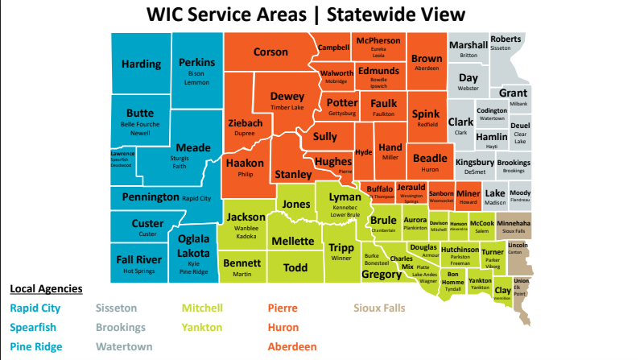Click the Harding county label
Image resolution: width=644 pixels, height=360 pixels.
[x=141, y=64]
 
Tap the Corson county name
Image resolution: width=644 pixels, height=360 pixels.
[x=270, y=52]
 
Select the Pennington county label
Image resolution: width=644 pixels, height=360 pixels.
[x=151, y=197]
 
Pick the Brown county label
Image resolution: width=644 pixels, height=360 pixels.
[x=427, y=59]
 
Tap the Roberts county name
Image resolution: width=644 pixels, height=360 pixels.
[x=506, y=39]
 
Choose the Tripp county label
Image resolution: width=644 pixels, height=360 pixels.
[x=342, y=248]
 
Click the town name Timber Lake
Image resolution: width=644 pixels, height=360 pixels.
[x=287, y=107]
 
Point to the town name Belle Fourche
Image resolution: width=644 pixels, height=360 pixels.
[x=139, y=125]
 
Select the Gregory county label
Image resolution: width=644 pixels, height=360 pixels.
[x=382, y=275]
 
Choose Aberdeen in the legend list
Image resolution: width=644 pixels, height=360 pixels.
[x=292, y=347]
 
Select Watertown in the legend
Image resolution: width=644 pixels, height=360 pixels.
[x=125, y=347]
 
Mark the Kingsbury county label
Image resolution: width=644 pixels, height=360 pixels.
[x=475, y=162]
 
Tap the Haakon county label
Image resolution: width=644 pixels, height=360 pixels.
[x=245, y=163]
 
